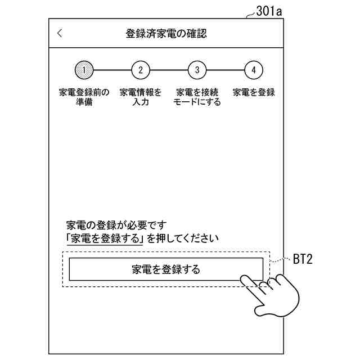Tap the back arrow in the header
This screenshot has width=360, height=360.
(60, 33)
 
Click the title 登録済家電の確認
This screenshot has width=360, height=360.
(166, 34)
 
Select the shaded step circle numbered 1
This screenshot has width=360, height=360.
(84, 70)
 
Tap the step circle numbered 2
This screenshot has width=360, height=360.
(141, 70)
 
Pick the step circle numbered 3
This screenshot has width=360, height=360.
(197, 70)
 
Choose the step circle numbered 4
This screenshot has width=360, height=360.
(254, 70)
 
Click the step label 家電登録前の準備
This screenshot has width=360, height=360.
(84, 97)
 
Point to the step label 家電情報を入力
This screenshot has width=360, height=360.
(141, 97)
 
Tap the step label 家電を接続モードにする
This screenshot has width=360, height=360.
(197, 97)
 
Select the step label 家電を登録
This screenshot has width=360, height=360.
(254, 92)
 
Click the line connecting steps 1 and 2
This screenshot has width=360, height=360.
(112, 70)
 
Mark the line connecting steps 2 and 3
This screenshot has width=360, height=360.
(169, 70)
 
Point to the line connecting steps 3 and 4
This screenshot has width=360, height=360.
(225, 70)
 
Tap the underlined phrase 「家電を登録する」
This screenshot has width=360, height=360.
(104, 238)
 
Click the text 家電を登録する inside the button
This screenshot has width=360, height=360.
(166, 269)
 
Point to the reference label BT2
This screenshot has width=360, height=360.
(303, 260)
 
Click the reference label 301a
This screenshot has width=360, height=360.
(268, 10)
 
